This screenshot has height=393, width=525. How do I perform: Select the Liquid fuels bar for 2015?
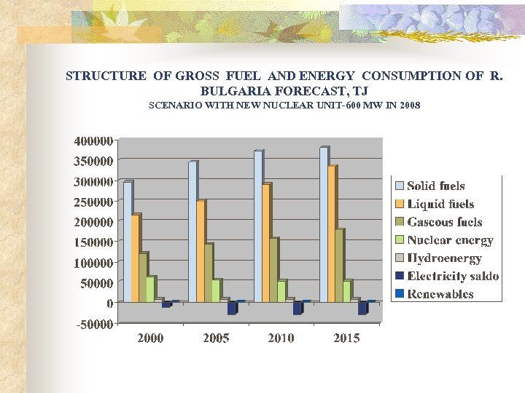(332, 234)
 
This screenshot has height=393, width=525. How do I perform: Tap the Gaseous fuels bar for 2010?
(274, 269)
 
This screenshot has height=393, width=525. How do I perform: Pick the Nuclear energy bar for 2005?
(217, 290)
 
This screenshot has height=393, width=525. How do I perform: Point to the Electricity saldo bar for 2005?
(232, 308)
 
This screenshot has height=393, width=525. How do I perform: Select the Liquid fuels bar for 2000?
(136, 258)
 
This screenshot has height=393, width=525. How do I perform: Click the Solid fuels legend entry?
(435, 186)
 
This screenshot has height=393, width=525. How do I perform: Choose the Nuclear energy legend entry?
(449, 240)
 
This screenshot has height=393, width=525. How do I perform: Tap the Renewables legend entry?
(440, 294)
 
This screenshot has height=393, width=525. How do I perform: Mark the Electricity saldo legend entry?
(452, 276)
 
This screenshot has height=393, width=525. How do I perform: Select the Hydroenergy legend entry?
(443, 258)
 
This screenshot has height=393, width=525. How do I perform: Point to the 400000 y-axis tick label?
(93, 140)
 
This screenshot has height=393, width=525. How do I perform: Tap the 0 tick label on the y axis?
(109, 303)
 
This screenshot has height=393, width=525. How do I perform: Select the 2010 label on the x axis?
(281, 338)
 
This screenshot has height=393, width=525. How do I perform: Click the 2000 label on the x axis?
(150, 338)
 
